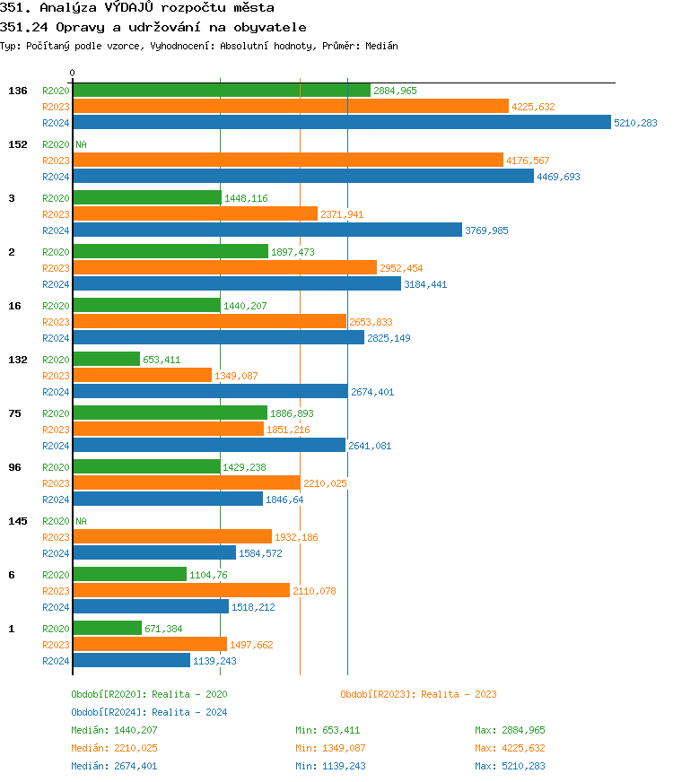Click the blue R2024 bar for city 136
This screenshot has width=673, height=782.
(341, 123)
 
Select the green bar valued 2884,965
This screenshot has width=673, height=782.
(221, 91)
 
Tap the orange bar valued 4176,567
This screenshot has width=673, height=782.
(287, 161)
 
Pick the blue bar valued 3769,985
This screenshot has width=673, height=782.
(267, 230)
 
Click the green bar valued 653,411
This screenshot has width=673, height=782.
(106, 360)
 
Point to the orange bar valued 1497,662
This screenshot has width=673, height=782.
(149, 645)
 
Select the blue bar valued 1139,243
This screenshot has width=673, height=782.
(131, 661)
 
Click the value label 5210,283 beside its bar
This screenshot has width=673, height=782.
(635, 123)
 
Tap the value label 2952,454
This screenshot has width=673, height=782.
(401, 268)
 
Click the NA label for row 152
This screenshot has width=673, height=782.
(81, 144)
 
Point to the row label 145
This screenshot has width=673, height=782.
(17, 521)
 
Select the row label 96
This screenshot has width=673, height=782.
(13, 467)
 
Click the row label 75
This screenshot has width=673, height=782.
(13, 413)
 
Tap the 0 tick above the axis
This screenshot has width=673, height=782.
(73, 73)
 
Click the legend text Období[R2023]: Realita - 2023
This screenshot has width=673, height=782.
(418, 694)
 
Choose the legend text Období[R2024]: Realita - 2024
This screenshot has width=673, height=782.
(149, 712)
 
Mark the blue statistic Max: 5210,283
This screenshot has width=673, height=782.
(510, 766)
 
